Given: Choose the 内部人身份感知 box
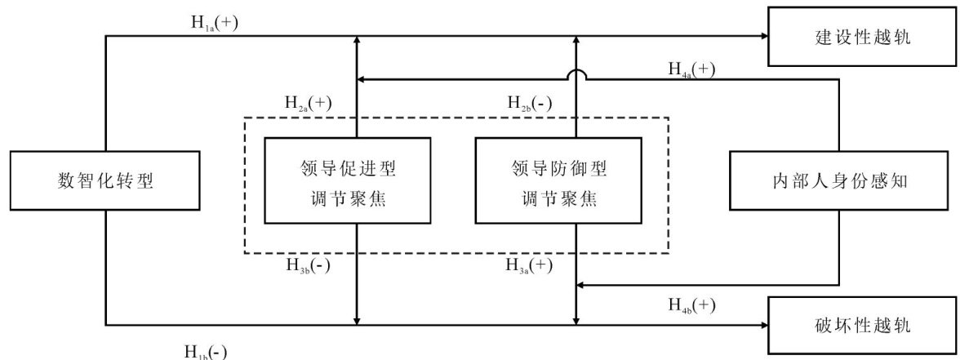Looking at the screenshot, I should (842, 180).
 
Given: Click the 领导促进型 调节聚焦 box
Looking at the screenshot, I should (348, 180).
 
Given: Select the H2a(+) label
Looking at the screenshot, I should (308, 103).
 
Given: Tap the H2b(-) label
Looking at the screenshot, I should (530, 103).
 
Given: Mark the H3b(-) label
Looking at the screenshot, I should (308, 264).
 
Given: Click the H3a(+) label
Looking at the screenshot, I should (530, 264).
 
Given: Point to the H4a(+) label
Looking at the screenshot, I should (691, 69).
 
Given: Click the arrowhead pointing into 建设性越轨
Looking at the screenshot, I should (764, 36).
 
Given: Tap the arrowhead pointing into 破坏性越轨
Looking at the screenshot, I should (764, 325).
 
